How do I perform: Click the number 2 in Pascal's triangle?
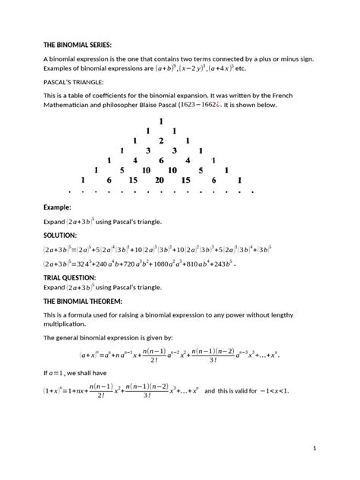160,141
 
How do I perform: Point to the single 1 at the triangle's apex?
161,122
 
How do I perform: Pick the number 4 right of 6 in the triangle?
186,160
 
